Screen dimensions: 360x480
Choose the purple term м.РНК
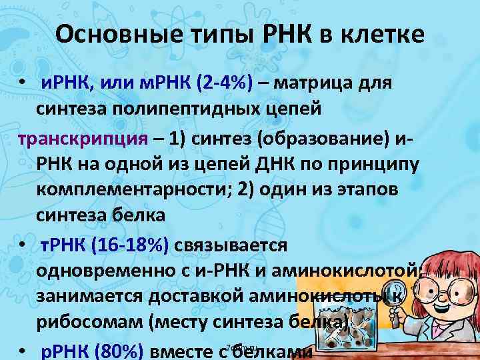(156, 85)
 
